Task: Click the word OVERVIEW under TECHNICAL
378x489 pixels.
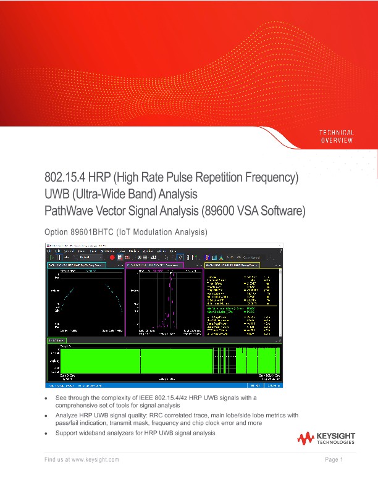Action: click(336, 141)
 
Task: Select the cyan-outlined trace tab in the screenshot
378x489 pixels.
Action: click(68, 265)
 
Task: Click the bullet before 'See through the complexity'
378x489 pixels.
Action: click(46, 399)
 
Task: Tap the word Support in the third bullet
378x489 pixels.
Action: click(68, 433)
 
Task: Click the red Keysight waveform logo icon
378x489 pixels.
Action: click(306, 440)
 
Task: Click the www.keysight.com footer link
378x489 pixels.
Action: click(95, 460)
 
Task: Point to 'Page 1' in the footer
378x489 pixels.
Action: click(334, 460)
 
